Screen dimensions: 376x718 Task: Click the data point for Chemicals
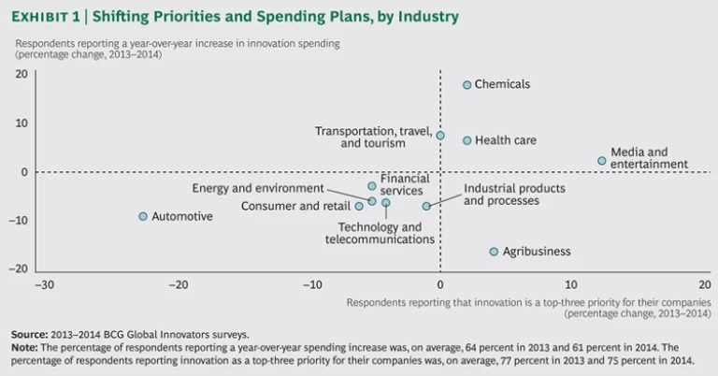pos(467,85)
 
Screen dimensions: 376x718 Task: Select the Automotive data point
pos(143,216)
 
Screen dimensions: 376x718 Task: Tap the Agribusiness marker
pos(494,252)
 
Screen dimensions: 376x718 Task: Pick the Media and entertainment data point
pos(602,161)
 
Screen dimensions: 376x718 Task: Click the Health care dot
pos(467,140)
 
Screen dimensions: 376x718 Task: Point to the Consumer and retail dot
pos(359,206)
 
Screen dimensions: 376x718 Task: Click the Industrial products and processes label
pos(501,194)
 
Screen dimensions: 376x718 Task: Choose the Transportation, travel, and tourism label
pos(372,137)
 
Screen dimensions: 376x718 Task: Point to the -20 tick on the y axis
pos(21,268)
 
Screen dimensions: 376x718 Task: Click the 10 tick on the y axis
pos(21,123)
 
